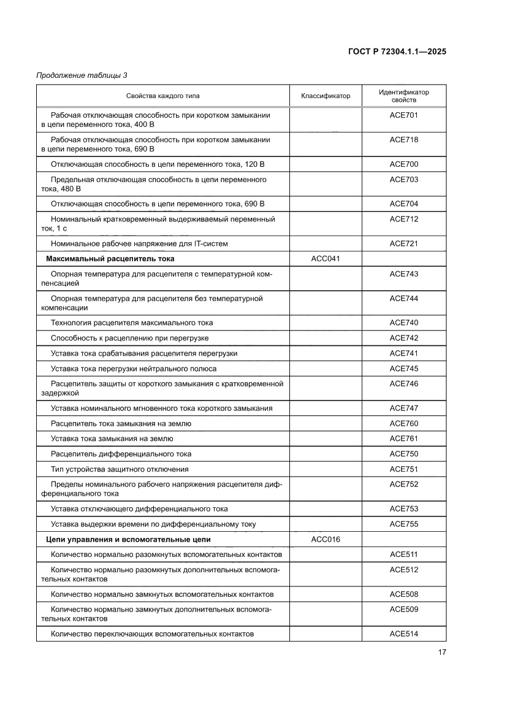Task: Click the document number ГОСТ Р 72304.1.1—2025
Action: (x=395, y=52)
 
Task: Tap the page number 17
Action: (x=441, y=652)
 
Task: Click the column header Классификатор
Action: (x=326, y=96)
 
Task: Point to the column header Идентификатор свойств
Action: (x=403, y=96)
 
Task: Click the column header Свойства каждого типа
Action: (x=162, y=96)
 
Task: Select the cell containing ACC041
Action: (x=326, y=259)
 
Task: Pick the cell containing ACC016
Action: (x=326, y=539)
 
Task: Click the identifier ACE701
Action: (x=403, y=115)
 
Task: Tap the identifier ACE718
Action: (x=403, y=139)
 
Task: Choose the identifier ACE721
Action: (x=403, y=243)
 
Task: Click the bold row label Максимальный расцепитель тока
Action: (x=110, y=259)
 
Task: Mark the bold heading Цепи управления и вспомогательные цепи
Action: (x=128, y=539)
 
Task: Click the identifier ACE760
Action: (x=403, y=423)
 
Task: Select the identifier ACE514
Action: (x=403, y=634)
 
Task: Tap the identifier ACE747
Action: (x=403, y=408)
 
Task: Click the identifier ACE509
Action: (x=403, y=609)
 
